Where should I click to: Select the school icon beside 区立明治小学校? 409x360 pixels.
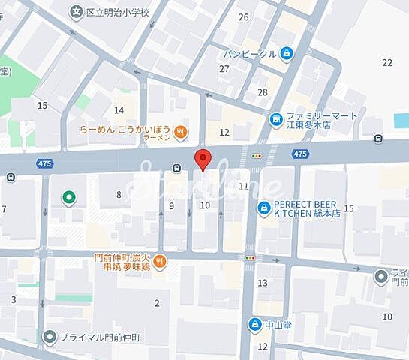point(77,12)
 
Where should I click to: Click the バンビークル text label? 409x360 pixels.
point(251,53)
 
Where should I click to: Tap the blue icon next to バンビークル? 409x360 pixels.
point(288,53)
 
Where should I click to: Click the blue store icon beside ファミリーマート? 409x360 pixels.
point(277,118)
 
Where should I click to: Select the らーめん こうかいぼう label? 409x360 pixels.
point(125,133)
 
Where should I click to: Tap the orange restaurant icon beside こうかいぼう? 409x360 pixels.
point(180,133)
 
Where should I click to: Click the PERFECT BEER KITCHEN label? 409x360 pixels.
point(308,208)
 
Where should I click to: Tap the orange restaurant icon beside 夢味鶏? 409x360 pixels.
point(163,261)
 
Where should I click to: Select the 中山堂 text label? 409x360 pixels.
point(278,324)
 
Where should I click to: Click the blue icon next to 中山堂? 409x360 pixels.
point(254,324)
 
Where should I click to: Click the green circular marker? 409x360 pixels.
point(68,197)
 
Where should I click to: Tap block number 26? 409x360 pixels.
point(243,16)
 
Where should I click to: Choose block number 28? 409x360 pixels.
point(263,92)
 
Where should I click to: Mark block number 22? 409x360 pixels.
point(387,62)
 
